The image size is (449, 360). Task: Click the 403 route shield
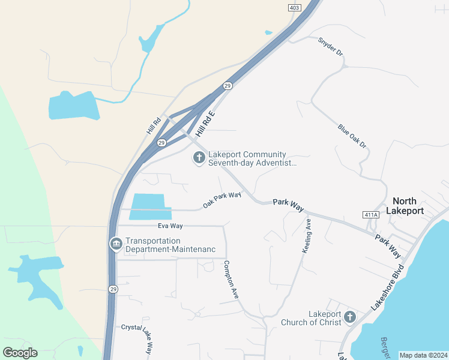pos(294,7)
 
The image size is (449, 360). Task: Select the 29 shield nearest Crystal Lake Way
pos(113,289)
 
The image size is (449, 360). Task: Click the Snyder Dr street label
pos(331,47)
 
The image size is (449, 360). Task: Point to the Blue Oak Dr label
pos(352,137)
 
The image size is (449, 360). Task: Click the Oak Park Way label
pos(221,200)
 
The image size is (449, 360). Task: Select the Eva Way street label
pos(170,226)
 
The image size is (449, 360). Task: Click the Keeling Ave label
pos(307,236)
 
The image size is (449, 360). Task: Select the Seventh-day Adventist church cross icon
pos(199,158)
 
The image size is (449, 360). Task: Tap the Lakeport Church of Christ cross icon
pos(350,317)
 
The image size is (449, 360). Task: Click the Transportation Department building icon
pos(116,244)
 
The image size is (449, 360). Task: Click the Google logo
pos(20,353)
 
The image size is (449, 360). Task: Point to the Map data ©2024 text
pos(423,355)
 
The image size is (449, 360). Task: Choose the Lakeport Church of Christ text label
pos(311,318)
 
